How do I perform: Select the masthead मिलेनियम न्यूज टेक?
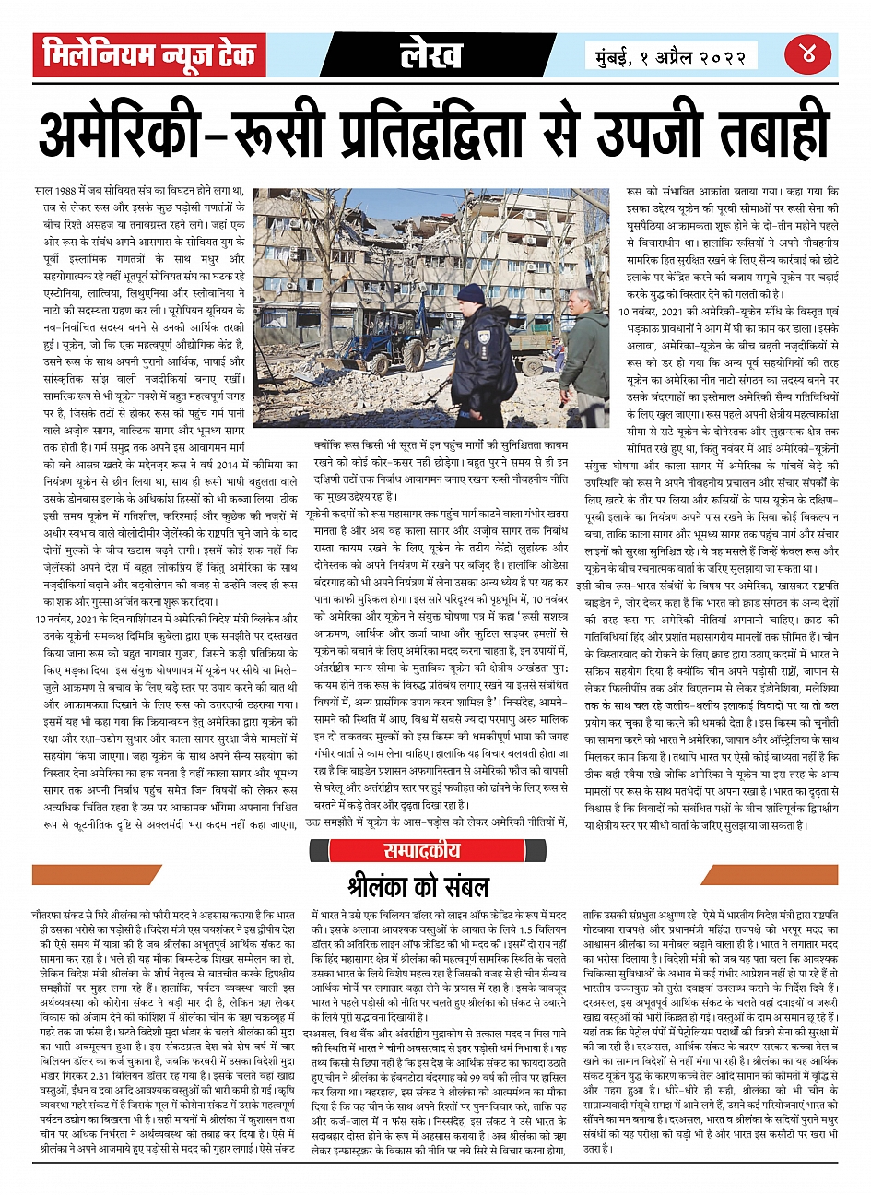(149, 56)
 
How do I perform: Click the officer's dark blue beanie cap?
(471, 293)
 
